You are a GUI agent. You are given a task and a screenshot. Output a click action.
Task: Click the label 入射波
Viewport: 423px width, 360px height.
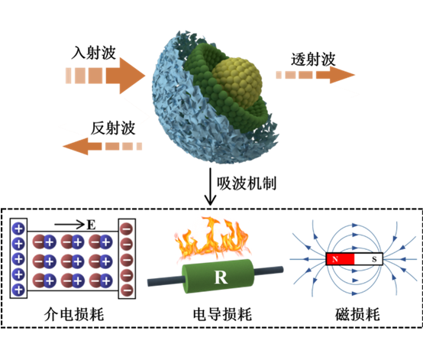pyautogui.click(x=94, y=53)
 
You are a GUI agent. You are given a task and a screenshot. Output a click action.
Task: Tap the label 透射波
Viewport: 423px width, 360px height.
pyautogui.click(x=313, y=60)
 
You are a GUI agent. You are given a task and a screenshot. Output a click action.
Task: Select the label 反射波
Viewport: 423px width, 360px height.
pyautogui.click(x=113, y=128)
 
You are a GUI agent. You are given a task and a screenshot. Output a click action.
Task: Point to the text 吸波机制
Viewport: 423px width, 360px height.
pyautogui.click(x=247, y=183)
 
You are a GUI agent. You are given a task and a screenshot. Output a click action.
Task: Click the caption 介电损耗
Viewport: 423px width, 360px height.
pyautogui.click(x=74, y=314)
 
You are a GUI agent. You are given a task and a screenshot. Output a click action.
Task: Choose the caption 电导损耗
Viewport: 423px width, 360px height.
pyautogui.click(x=222, y=314)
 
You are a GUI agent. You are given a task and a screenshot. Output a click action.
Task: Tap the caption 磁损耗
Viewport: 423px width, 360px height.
pyautogui.click(x=357, y=314)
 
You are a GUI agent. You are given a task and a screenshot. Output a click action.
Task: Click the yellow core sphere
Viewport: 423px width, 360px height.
pyautogui.click(x=237, y=83)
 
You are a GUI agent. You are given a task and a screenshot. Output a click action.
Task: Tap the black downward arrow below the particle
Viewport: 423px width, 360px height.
pyautogui.click(x=210, y=186)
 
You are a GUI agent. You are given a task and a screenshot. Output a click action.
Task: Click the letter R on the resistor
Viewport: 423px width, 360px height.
pyautogui.click(x=221, y=277)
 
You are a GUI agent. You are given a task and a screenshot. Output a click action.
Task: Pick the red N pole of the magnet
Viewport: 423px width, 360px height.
pyautogui.click(x=340, y=259)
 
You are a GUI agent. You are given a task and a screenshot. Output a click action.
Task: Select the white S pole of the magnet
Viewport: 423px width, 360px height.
pyautogui.click(x=368, y=259)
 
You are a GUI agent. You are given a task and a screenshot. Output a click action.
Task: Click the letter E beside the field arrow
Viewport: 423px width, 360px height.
pyautogui.click(x=91, y=225)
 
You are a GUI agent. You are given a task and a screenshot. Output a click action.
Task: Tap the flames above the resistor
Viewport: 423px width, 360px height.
pyautogui.click(x=212, y=239)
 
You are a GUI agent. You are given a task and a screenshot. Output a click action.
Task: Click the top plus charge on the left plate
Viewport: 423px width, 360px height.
pyautogui.click(x=18, y=229)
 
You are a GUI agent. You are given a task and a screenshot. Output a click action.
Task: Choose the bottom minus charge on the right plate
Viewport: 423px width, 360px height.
pyautogui.click(x=127, y=290)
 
